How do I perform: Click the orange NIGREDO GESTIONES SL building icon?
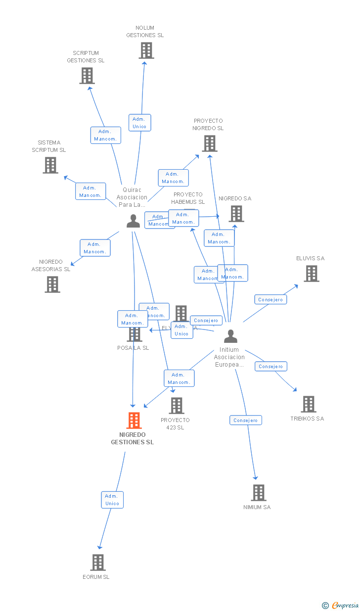[x=134, y=421]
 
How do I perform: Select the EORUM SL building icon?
[x=98, y=563]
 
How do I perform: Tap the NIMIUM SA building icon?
[x=258, y=493]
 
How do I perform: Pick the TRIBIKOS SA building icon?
[x=309, y=404]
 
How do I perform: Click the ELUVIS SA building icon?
[x=311, y=274]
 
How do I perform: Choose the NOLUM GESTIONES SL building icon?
[x=146, y=50]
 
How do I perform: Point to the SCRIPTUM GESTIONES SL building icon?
[x=87, y=76]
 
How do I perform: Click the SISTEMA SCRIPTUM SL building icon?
[x=50, y=165]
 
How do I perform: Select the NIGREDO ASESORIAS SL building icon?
[x=52, y=284]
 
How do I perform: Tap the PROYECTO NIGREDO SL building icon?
[x=210, y=143]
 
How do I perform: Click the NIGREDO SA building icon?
[x=236, y=214]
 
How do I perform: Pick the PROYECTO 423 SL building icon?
[x=177, y=406]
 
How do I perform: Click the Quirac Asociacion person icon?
[x=133, y=221]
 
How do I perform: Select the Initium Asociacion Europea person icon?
[x=230, y=336]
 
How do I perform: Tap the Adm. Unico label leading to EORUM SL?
[x=112, y=500]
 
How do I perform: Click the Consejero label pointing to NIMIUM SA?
[x=246, y=420]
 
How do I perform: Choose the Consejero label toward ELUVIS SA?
[x=270, y=299]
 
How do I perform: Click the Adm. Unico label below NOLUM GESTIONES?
[x=139, y=123]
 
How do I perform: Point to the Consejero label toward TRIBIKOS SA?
[x=271, y=366]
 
